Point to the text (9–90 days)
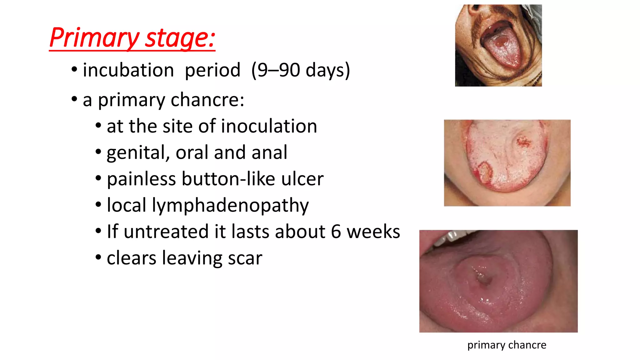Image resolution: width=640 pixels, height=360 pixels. pyautogui.click(x=301, y=70)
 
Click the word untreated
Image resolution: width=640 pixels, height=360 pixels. pyautogui.click(x=166, y=232)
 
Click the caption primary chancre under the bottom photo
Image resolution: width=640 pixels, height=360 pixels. pyautogui.click(x=507, y=345)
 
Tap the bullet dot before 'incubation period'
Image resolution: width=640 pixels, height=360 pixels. pyautogui.click(x=74, y=69)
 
